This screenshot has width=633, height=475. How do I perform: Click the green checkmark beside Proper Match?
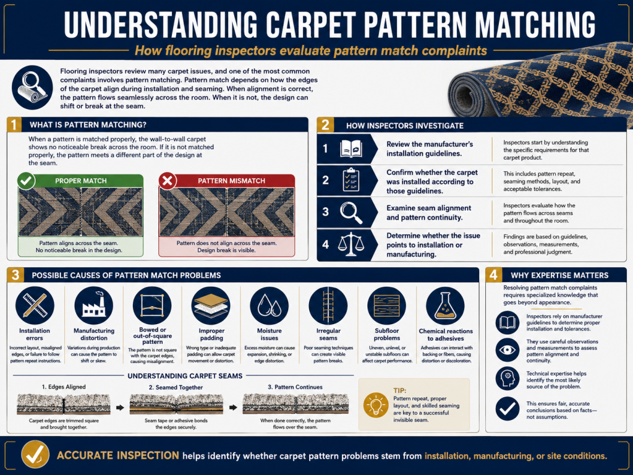26,181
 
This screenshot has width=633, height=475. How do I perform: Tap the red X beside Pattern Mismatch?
168,181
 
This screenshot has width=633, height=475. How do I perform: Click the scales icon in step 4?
351,244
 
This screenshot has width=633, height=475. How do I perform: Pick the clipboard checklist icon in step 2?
350,180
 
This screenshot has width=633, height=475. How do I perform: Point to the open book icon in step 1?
350,148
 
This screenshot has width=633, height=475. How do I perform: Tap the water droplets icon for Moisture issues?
270,306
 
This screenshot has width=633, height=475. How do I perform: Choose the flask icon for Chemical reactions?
445,306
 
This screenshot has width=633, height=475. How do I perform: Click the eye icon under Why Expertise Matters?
508,350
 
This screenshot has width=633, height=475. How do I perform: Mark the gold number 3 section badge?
15,275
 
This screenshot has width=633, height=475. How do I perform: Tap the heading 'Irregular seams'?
328,334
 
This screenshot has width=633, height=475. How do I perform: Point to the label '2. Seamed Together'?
176,387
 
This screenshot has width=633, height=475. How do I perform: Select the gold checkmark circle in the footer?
35,455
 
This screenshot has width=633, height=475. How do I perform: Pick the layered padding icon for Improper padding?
211,306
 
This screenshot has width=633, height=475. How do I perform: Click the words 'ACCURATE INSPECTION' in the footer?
118,456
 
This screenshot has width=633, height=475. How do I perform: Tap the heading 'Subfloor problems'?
387,334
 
